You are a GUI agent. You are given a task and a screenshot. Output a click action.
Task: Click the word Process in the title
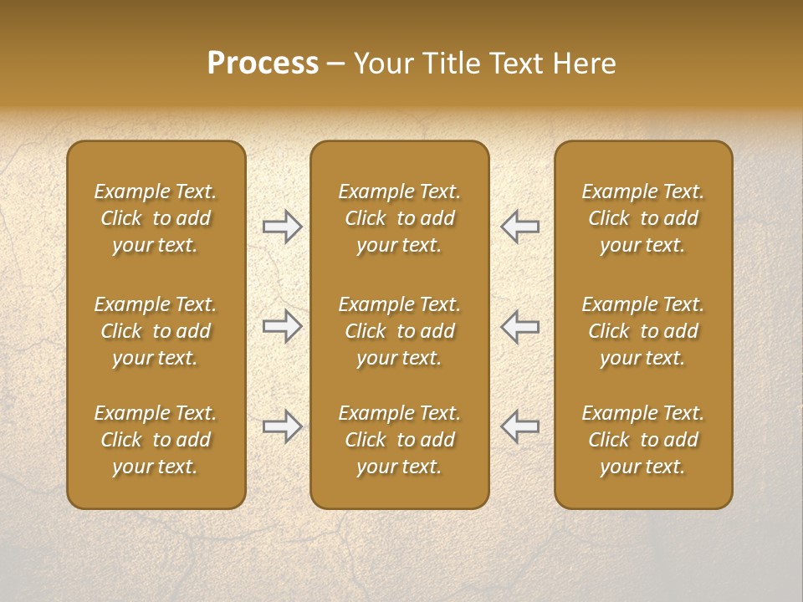click(x=263, y=64)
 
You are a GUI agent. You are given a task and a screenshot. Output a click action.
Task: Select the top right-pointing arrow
click(x=282, y=227)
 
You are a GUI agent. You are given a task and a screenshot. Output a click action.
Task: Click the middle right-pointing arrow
click(x=282, y=326)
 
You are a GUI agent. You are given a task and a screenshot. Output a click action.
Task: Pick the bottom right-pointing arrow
click(x=282, y=426)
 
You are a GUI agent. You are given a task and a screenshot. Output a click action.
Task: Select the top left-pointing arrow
click(x=520, y=227)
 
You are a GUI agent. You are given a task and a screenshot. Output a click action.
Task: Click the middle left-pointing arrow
click(x=520, y=326)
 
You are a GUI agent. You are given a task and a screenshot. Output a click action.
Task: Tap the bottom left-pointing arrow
click(x=520, y=426)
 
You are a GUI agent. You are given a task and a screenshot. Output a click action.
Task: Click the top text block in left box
click(x=156, y=218)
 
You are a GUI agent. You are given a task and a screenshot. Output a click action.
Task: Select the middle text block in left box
click(x=156, y=331)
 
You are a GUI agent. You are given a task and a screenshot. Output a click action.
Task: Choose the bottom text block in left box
click(x=156, y=440)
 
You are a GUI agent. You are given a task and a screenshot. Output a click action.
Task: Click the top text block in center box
click(x=400, y=218)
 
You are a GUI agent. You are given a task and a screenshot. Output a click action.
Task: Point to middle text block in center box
click(x=400, y=331)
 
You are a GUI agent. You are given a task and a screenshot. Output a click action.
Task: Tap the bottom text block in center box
click(x=400, y=440)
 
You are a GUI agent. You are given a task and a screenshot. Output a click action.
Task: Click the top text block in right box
click(x=643, y=218)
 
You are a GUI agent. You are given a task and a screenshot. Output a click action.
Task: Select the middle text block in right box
click(x=643, y=331)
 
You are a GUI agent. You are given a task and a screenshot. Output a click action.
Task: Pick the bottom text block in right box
click(x=643, y=440)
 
